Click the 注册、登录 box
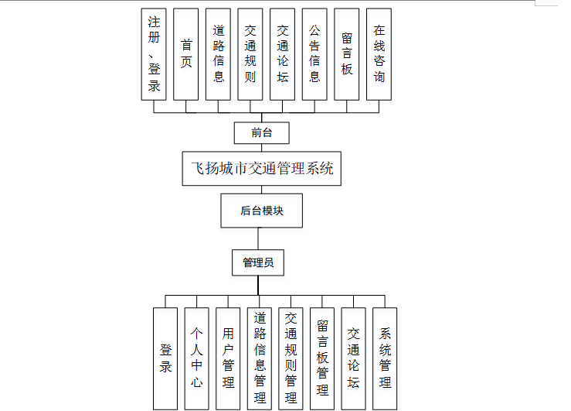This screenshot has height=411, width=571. pos(154,54)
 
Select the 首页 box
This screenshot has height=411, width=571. pos(185,54)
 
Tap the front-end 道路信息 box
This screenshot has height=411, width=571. pos(218,54)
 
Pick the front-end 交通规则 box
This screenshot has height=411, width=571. pos(250,54)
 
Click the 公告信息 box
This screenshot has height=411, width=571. pos(314,54)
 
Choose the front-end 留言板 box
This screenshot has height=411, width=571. pos(347,54)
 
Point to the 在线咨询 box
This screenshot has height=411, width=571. pos(379,54)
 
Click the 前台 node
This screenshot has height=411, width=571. pos(261,132)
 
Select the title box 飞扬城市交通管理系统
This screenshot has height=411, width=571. pos(261,168)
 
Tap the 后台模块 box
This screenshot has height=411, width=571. pos(261,211)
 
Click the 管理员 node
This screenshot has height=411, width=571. pos(258,263)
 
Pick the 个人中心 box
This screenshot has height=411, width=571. pos(197,358)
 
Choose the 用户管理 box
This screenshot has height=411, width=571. pos(228,358)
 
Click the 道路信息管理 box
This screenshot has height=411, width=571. pos(260,358)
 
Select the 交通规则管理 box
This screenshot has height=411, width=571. pos(291,358)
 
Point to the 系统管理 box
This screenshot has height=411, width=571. pos(386,358)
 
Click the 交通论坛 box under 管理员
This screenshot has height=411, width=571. pos(354,358)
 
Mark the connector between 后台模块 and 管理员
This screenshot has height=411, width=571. pos(258,239)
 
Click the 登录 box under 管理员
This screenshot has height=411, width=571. pos(165,358)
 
